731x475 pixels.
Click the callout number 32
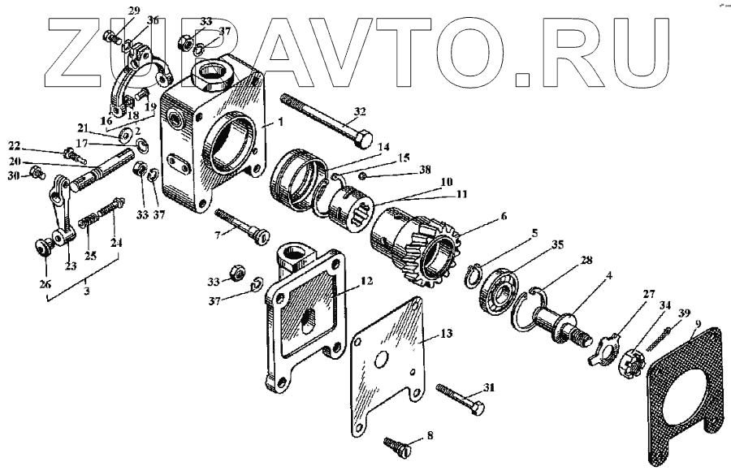pos(360,111)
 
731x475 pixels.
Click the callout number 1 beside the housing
pos(281,123)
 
